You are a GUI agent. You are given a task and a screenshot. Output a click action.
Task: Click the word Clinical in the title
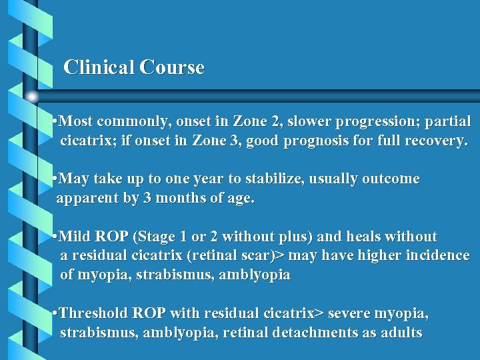coord(99,67)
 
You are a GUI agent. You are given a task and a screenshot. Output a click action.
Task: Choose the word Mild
coord(75,237)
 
